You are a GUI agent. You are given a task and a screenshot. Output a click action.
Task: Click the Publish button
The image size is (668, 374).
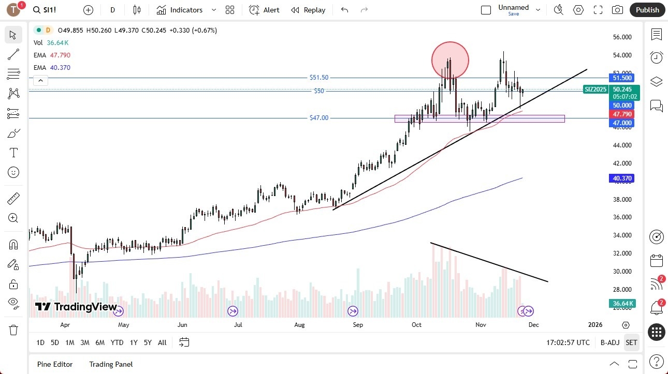(647, 10)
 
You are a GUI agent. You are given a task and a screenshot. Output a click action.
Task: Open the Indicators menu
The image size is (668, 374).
(180, 10)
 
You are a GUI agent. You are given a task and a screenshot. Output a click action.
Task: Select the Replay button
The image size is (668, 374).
(308, 10)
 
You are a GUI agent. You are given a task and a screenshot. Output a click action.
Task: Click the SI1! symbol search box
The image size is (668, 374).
(51, 10)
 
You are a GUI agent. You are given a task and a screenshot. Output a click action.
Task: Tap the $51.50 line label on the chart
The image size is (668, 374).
(319, 78)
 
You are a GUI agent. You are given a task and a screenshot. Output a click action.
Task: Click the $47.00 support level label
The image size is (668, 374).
(319, 118)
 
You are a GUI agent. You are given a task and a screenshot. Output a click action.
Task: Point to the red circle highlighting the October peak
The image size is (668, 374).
(450, 60)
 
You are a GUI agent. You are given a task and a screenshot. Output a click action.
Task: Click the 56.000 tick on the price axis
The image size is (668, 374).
(622, 37)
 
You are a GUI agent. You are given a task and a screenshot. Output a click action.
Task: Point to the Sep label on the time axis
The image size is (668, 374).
(358, 325)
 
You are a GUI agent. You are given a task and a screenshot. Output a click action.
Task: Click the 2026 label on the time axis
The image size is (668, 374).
(595, 325)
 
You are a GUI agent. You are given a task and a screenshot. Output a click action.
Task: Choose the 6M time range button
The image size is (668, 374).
(100, 342)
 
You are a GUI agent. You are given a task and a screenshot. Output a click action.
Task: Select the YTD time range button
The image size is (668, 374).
(117, 342)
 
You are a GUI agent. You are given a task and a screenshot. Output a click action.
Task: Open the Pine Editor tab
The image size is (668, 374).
(55, 364)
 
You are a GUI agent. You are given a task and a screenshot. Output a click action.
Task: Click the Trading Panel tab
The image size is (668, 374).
(111, 364)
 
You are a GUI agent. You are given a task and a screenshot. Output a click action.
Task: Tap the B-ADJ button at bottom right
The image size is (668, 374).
(610, 342)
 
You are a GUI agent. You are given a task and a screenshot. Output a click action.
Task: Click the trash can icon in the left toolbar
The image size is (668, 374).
(13, 330)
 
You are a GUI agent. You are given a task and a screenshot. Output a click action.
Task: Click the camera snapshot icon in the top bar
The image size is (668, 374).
(617, 10)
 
